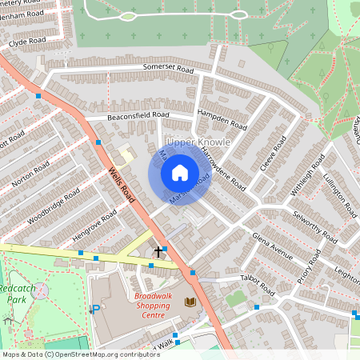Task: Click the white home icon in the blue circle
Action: coord(180,172)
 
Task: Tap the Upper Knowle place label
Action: coord(199,142)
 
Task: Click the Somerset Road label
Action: coord(169,70)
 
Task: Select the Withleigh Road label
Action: coord(311,175)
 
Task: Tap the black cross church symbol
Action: coord(158,251)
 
